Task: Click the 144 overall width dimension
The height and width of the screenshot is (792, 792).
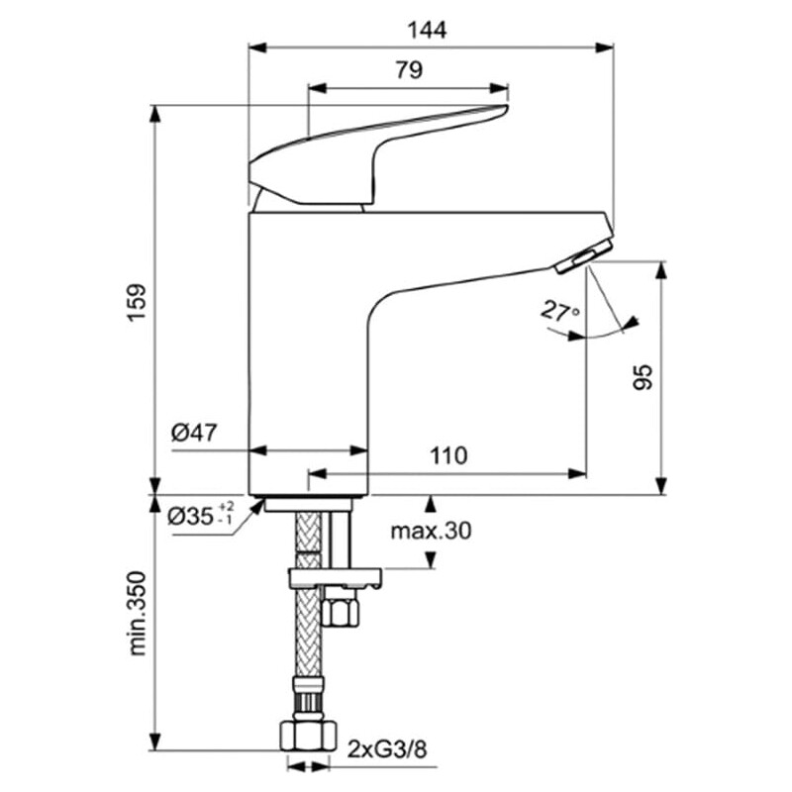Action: tap(427, 31)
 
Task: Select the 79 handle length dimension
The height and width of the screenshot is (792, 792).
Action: tap(409, 70)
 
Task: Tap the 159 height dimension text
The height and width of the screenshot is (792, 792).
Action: tap(137, 303)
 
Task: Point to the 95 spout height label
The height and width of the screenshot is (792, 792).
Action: tap(643, 377)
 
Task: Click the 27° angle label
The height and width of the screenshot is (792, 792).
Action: tap(560, 311)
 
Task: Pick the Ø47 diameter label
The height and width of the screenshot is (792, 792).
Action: tap(194, 433)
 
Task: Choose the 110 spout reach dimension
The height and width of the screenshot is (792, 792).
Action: tap(448, 455)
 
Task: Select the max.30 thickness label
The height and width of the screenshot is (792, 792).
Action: tap(431, 531)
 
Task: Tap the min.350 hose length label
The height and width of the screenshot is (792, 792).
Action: tap(137, 614)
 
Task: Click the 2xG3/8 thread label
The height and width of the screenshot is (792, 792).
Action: tap(387, 749)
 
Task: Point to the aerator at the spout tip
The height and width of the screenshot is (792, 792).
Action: tap(584, 256)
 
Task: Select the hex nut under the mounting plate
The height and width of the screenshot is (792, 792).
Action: tap(342, 606)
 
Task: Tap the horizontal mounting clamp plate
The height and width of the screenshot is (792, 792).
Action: tap(336, 578)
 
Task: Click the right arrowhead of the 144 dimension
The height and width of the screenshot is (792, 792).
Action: tap(605, 48)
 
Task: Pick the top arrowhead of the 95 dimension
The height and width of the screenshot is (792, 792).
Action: tap(660, 270)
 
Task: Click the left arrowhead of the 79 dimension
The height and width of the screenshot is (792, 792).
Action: tap(317, 88)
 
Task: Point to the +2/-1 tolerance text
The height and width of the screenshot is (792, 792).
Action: tap(226, 513)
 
